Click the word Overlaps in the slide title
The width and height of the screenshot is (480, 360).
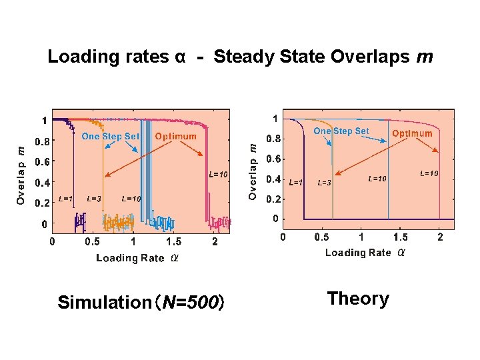point(371,57)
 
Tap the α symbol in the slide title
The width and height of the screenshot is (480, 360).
point(179,57)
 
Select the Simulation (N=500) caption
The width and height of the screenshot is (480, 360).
point(141,303)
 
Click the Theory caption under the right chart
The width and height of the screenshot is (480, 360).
point(358,299)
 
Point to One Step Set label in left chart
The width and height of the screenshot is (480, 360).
point(111,136)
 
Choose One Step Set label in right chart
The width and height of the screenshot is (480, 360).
point(341,131)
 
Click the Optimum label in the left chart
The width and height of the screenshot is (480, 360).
point(175,136)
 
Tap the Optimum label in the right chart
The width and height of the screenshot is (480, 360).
point(412,133)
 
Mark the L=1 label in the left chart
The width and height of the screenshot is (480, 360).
point(66,199)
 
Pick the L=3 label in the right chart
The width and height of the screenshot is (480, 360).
point(325,183)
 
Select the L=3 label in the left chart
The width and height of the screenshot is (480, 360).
point(94,199)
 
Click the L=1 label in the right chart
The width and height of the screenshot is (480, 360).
point(295,182)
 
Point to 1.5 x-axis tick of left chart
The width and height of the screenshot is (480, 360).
point(173,242)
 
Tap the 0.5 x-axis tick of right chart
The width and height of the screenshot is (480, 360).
point(321,237)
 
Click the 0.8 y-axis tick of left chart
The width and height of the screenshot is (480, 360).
point(41,141)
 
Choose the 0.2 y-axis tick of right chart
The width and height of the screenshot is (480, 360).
point(273,199)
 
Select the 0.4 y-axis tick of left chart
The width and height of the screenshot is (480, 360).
point(41,182)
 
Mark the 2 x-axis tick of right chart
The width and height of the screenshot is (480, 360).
point(439,237)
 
